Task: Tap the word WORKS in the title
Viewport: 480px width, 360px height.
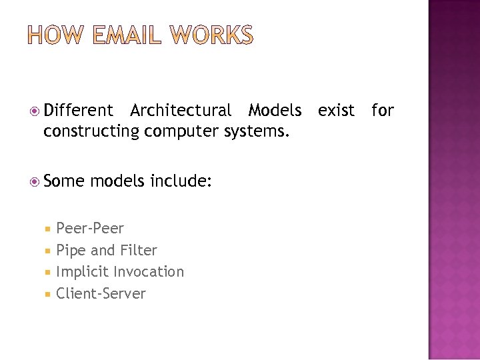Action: (x=211, y=35)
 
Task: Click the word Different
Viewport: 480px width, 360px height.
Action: (x=79, y=110)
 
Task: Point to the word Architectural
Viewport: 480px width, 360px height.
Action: (x=181, y=110)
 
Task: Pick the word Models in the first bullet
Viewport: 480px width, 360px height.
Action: (x=275, y=110)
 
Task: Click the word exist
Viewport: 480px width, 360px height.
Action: (x=336, y=110)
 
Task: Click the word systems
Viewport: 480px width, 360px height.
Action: (x=257, y=131)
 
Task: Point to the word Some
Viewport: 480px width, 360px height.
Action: (x=64, y=180)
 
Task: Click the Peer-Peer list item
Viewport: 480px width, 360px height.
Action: (x=90, y=229)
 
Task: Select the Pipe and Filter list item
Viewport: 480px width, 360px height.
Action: (x=107, y=251)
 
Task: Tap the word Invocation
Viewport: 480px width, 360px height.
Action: (x=149, y=272)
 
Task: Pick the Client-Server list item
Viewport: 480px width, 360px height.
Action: (x=101, y=294)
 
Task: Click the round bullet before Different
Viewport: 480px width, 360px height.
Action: (x=36, y=111)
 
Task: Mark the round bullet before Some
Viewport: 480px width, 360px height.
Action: (x=36, y=181)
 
